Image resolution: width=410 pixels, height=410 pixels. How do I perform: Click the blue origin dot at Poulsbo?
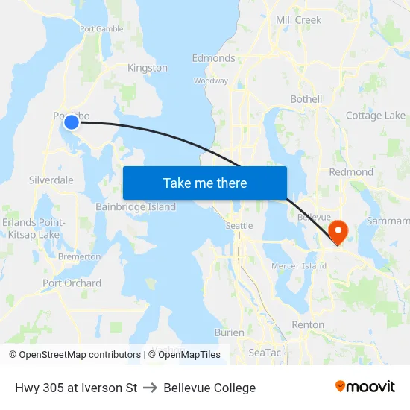72,122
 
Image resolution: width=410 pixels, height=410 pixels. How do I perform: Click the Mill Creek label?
298,20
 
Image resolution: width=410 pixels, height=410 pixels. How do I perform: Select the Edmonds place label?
213,58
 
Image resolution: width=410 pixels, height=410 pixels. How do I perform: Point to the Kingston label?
148,68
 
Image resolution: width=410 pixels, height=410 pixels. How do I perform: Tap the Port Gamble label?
101,29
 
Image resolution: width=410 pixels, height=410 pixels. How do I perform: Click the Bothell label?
306,99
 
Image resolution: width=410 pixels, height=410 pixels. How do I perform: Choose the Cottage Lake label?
376,116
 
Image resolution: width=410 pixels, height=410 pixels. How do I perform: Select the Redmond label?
351,172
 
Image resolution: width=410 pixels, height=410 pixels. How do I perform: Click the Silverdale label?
51,180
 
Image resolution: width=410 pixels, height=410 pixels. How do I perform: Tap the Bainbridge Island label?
136,207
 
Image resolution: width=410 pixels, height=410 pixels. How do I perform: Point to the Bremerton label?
79,256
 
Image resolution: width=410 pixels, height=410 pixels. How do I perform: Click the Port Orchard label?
72,283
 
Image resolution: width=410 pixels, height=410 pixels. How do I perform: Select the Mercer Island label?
299,266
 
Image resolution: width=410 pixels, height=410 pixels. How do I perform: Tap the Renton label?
308,325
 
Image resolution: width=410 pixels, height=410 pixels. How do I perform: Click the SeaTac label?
264,352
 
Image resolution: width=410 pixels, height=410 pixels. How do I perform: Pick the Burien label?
229,332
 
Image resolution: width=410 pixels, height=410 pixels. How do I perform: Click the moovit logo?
365,387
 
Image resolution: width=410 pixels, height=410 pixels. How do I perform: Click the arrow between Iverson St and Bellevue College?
150,388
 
